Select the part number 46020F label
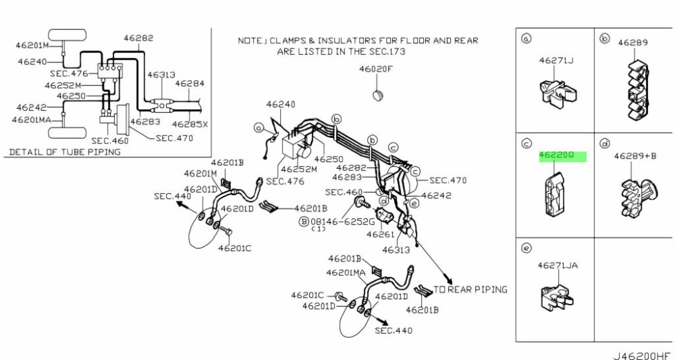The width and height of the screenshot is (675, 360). point(375,68)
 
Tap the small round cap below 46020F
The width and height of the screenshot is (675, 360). point(379,93)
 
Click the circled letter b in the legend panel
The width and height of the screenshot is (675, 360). point(605,38)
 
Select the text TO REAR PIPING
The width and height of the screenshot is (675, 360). point(470,289)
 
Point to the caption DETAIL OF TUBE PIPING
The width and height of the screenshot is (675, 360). point(64,152)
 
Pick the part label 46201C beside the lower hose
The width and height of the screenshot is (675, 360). point(308,295)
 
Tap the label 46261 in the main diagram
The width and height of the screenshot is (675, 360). point(380,234)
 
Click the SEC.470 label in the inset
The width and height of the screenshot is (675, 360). point(174,137)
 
